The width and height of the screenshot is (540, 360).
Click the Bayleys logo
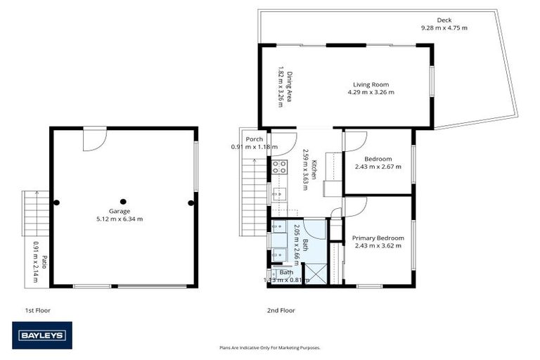point(41,335)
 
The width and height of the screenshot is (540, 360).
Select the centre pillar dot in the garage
point(123,201)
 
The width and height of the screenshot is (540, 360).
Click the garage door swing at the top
point(94,139)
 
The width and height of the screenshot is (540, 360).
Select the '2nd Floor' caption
point(281,310)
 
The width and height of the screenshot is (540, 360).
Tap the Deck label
point(444,20)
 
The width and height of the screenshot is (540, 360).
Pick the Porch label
point(254,139)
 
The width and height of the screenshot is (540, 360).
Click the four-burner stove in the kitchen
point(280,167)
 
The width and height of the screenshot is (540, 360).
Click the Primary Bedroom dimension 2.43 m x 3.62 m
point(378,245)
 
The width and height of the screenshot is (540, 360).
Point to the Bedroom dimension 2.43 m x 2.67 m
point(378,167)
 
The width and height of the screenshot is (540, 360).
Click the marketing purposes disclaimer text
point(270,347)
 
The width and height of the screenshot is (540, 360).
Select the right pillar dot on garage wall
point(191,203)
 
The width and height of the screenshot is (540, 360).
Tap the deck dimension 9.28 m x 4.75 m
point(444,28)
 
